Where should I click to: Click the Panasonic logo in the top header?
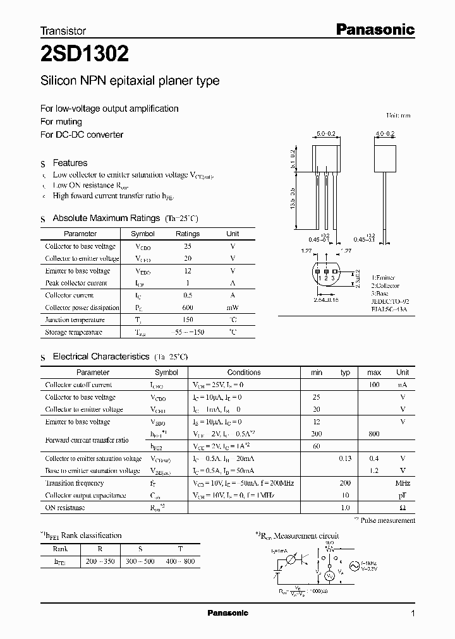point(374,29)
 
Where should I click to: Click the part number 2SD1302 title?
point(85,55)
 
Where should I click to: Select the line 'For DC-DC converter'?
point(82,134)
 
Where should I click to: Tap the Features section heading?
point(70,163)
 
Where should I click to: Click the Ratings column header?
point(187,234)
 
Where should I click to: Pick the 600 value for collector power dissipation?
point(187,308)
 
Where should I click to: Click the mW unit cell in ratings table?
point(233,308)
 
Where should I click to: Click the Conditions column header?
point(244,373)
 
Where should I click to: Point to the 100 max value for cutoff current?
point(374,385)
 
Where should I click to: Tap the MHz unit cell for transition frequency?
point(403,483)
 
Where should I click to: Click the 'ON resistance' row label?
point(65,508)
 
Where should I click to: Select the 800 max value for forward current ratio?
point(374,434)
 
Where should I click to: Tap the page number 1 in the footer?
point(413,614)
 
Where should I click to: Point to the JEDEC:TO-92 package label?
point(391,302)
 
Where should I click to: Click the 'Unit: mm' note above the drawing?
point(398,116)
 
